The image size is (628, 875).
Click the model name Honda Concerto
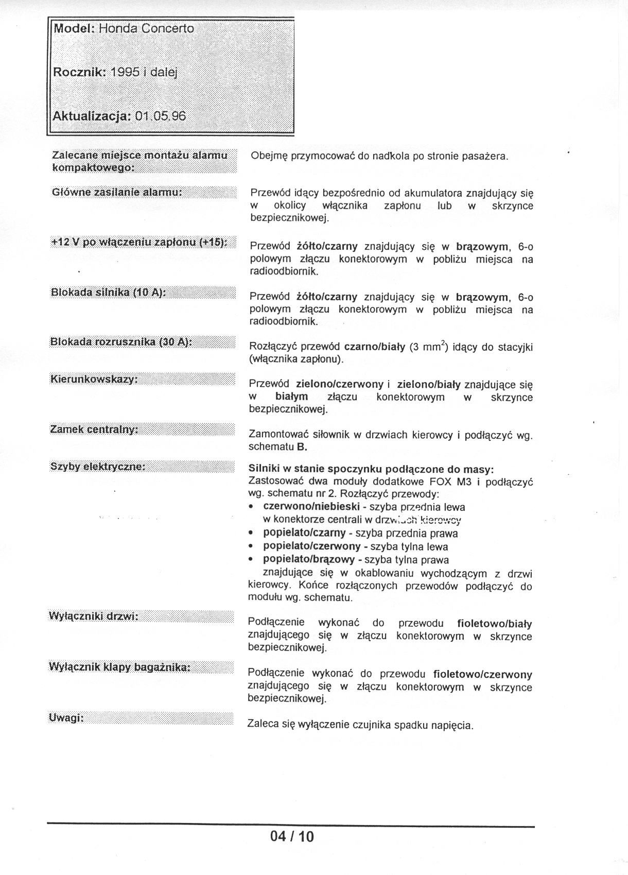click(146, 29)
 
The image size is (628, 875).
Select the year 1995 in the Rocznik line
click(125, 73)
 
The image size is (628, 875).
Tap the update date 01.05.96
click(160, 116)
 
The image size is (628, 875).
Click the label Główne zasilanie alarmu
click(117, 192)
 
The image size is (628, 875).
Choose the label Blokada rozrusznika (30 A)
click(121, 342)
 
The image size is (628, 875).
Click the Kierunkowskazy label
click(94, 380)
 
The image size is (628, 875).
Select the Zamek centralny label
click(94, 429)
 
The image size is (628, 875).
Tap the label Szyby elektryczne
click(98, 467)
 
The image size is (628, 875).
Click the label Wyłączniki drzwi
click(94, 616)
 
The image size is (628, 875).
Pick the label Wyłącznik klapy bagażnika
click(119, 667)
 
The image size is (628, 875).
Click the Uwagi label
click(66, 718)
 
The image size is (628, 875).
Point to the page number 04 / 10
click(292, 836)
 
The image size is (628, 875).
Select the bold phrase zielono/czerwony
click(339, 384)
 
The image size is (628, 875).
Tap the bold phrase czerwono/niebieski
click(311, 507)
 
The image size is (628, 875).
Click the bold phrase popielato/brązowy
click(309, 560)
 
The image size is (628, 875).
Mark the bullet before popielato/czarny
click(251, 534)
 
